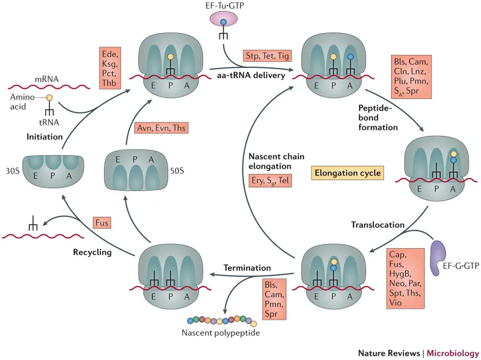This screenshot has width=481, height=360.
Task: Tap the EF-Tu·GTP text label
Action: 223,7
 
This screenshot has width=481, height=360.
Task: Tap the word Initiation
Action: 44,136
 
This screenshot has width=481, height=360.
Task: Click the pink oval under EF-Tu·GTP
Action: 223,22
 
